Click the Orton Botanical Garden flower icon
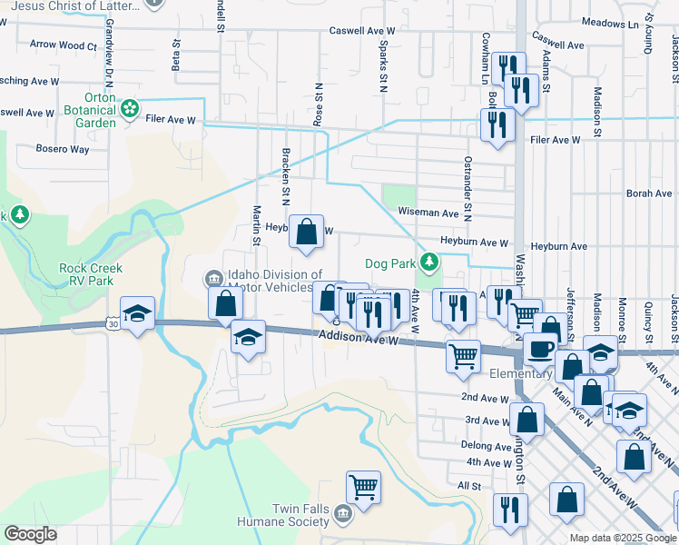tap(132, 109)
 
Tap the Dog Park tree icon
tap(429, 263)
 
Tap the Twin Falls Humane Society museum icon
tap(342, 515)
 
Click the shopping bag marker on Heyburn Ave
tap(308, 232)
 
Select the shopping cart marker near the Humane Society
tap(364, 487)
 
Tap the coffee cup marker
tap(540, 348)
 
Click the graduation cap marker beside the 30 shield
tap(138, 313)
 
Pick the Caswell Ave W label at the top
tap(361, 30)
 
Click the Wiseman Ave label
tap(427, 213)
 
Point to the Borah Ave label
tap(650, 193)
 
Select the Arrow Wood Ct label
tap(63, 45)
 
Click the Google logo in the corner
tap(30, 534)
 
